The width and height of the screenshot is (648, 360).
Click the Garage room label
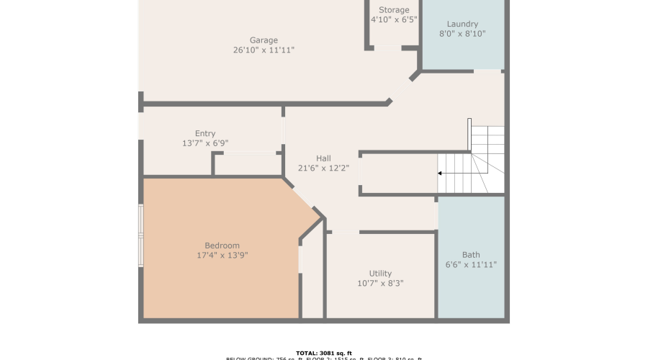click(x=264, y=40)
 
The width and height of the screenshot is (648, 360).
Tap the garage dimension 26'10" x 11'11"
click(x=264, y=50)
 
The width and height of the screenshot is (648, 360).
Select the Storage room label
click(x=394, y=10)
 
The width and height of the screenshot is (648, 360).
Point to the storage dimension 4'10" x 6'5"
click(x=394, y=20)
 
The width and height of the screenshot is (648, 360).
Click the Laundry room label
click(x=462, y=24)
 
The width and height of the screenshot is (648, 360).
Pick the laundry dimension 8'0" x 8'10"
click(x=462, y=34)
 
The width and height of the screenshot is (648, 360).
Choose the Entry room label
click(x=205, y=133)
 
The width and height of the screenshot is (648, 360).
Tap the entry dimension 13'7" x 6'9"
click(x=205, y=143)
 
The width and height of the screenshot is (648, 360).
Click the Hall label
click(x=323, y=158)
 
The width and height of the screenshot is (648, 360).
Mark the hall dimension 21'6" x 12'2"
click(x=323, y=168)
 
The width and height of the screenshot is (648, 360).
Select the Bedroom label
click(x=222, y=246)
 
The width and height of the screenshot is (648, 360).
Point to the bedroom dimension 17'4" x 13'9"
click(x=222, y=256)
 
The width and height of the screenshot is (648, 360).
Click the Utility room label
click(x=380, y=274)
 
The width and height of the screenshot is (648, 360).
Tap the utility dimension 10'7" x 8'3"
click(x=380, y=284)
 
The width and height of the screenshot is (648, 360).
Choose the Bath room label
click(x=471, y=255)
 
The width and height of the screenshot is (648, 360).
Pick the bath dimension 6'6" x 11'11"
click(x=471, y=265)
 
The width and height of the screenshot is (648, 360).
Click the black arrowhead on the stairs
click(x=440, y=174)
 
